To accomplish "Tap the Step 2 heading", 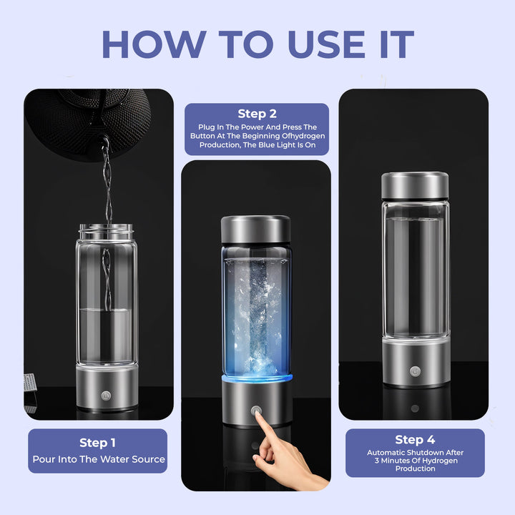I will (x=257, y=114).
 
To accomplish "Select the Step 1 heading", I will (x=98, y=443).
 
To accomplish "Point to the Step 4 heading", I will (x=415, y=439).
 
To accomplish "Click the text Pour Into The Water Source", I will (x=99, y=459).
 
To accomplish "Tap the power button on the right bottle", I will (x=415, y=371).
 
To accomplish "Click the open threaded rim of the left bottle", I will (x=106, y=231).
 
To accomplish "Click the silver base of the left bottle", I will (x=107, y=386).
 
